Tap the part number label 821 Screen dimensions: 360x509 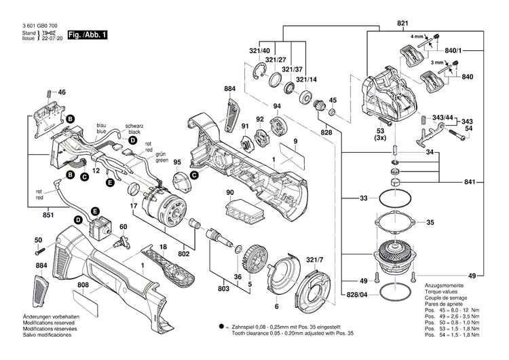402,24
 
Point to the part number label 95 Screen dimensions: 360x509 177,162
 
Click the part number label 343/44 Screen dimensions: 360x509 442,118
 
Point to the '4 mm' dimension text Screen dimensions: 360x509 416,35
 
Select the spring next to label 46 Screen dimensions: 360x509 47,93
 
